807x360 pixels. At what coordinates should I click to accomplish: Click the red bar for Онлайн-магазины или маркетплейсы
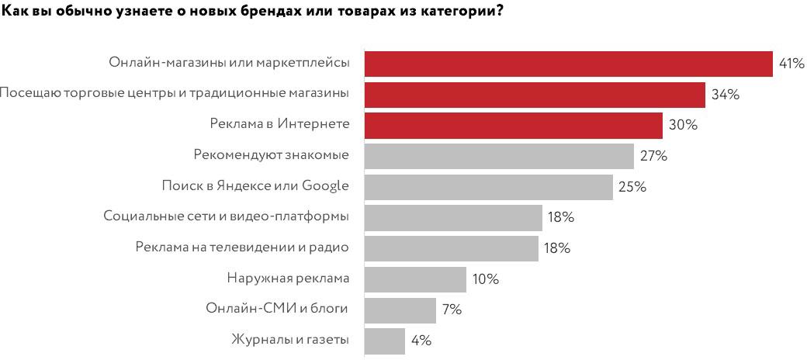pyautogui.click(x=568, y=63)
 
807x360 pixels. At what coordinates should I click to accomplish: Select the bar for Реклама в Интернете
pyautogui.click(x=513, y=125)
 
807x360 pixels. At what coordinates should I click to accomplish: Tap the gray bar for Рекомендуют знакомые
pyautogui.click(x=499, y=156)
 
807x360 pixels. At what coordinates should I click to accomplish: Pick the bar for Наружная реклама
pyautogui.click(x=415, y=279)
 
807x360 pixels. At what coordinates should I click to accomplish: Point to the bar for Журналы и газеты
pyautogui.click(x=385, y=341)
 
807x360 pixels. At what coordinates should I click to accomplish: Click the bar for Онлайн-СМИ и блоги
pyautogui.click(x=400, y=310)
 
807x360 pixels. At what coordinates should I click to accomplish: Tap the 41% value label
pyautogui.click(x=791, y=64)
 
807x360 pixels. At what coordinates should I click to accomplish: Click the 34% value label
pyautogui.click(x=726, y=95)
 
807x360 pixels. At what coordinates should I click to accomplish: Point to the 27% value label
pyautogui.click(x=653, y=156)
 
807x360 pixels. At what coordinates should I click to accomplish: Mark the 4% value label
pyautogui.click(x=421, y=341)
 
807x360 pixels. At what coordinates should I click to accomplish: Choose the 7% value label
pyautogui.click(x=452, y=310)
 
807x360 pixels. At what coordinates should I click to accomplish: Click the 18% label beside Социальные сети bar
pyautogui.click(x=560, y=217)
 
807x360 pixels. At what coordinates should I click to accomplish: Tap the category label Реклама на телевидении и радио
pyautogui.click(x=242, y=247)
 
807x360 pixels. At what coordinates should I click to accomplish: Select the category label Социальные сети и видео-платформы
pyautogui.click(x=226, y=216)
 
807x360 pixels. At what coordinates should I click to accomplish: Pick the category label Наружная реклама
pyautogui.click(x=288, y=279)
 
